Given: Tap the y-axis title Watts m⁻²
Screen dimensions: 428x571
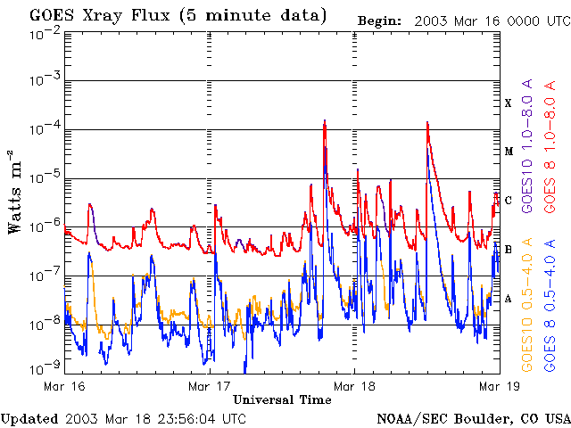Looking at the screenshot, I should [15, 192].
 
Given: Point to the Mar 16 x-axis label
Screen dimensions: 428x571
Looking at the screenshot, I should [64, 385].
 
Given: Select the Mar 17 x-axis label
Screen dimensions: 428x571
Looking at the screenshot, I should [210, 385].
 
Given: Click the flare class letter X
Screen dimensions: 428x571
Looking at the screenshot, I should [509, 103].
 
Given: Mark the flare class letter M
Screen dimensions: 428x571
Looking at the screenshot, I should [509, 152].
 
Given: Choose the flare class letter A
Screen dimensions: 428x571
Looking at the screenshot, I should [509, 298].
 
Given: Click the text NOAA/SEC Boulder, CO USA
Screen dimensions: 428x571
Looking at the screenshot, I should [472, 418].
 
